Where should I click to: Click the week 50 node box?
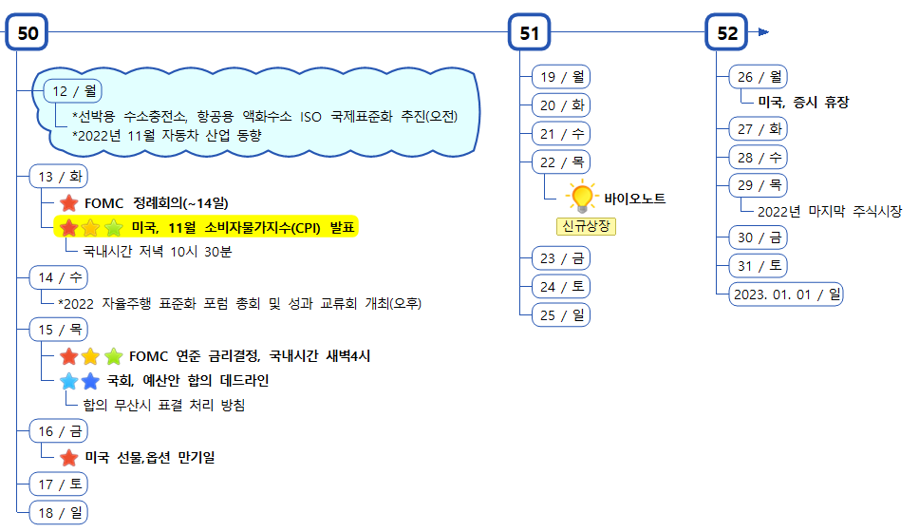[28, 33]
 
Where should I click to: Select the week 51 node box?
[529, 33]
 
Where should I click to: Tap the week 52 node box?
[727, 33]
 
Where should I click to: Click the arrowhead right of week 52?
[763, 32]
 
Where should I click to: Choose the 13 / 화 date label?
[58, 177]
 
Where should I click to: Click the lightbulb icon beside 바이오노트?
[580, 197]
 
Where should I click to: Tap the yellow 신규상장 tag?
[586, 226]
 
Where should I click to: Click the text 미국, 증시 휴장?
[804, 102]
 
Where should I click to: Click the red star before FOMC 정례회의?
[68, 202]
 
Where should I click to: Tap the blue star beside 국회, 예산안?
[90, 381]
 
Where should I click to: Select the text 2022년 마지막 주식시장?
[830, 211]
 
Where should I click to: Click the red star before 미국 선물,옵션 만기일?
[68, 457]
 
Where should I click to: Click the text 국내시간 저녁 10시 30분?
[158, 252]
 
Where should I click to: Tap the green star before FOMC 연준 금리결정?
[113, 356]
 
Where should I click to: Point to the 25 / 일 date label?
[561, 315]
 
